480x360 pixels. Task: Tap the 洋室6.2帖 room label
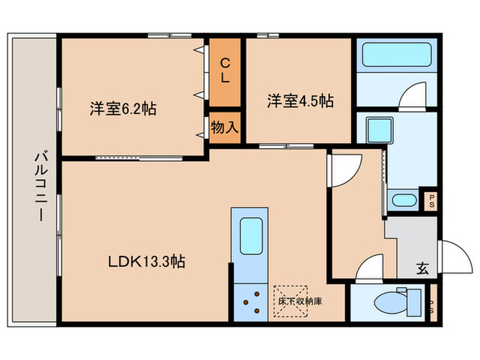pos(122,108)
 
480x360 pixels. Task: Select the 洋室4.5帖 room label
pos(300,101)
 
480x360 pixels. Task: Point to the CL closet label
pos(224,71)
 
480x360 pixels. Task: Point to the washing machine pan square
pos(378,130)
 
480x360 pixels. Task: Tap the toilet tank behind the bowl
pos(413,300)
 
